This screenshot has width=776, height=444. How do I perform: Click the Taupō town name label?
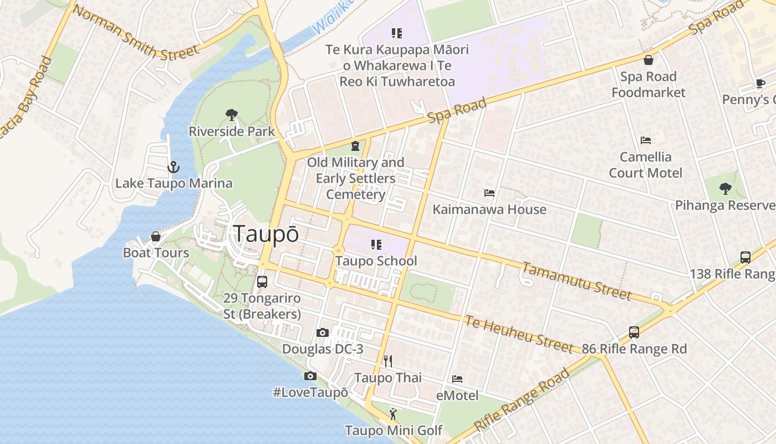tap(266, 234)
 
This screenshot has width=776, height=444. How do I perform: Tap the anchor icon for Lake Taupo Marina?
tap(173, 167)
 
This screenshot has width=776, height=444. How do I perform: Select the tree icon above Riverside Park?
tap(232, 115)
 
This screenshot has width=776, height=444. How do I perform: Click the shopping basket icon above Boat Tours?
tap(156, 236)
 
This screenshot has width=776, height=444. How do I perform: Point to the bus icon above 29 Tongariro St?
tap(262, 281)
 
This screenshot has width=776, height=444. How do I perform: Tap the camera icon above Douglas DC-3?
tap(323, 332)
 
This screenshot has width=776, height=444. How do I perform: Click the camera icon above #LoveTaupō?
tap(310, 376)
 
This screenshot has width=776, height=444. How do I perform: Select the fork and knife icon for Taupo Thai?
tap(388, 361)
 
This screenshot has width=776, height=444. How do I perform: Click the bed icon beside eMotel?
tap(457, 379)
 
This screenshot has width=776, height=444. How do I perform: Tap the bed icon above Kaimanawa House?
tap(489, 193)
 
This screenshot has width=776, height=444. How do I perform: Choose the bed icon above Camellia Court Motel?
tap(645, 140)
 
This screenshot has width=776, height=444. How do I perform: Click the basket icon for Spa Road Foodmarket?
tap(649, 60)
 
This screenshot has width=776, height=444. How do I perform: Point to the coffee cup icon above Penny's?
tap(760, 84)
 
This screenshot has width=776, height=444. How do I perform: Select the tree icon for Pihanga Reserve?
tap(725, 189)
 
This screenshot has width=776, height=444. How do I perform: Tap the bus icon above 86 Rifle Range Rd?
tap(634, 332)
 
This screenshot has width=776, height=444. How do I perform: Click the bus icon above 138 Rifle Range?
tap(746, 258)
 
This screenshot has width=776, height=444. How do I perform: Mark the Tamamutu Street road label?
tap(576, 281)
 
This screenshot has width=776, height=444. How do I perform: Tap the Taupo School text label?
tap(376, 261)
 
